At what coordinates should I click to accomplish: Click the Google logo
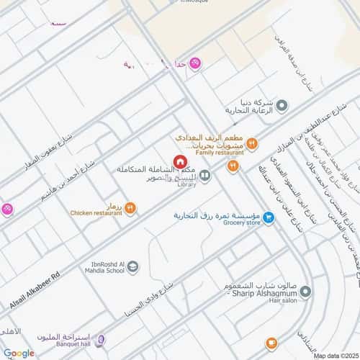pyautogui.click(x=19, y=353)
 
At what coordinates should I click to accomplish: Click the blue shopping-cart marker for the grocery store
pyautogui.click(x=268, y=217)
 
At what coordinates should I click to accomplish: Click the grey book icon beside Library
pyautogui.click(x=205, y=175)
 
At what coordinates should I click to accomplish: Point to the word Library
pyautogui.click(x=186, y=184)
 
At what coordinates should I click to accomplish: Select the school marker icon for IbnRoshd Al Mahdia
pyautogui.click(x=133, y=268)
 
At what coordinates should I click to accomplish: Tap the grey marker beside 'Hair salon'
pyautogui.click(x=305, y=292)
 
